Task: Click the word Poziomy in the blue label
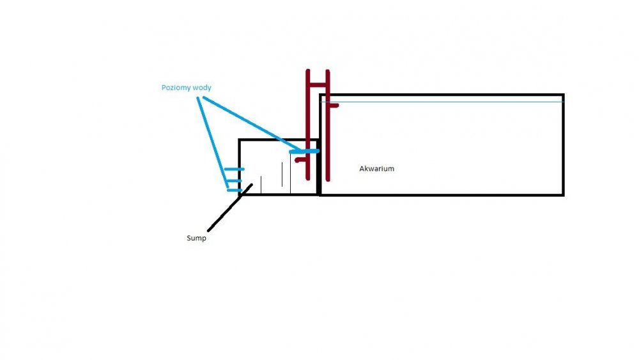click(175, 87)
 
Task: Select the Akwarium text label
click(377, 168)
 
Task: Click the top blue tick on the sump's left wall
click(234, 169)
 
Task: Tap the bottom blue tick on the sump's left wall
click(235, 190)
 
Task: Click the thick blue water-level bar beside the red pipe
click(304, 152)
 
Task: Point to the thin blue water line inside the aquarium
click(447, 102)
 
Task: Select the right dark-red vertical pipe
click(328, 128)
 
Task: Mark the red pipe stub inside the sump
click(300, 160)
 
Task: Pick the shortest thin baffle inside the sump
click(261, 184)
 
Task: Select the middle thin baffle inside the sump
click(282, 177)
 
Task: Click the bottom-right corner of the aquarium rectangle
click(563, 194)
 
